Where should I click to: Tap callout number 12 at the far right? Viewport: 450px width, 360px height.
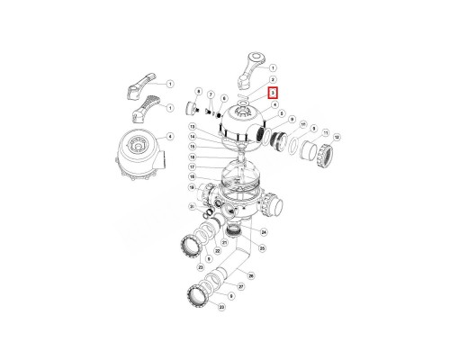[337, 136]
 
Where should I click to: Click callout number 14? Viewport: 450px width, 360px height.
[192, 137]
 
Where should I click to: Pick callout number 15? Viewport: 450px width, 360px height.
[192, 147]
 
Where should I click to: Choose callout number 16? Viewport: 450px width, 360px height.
[192, 157]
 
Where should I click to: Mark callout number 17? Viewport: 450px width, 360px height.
[192, 166]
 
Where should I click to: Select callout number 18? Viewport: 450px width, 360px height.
[192, 177]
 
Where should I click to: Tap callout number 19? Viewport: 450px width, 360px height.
[192, 187]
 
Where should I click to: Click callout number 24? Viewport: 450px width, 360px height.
[264, 232]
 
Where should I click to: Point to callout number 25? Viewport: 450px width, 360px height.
[263, 247]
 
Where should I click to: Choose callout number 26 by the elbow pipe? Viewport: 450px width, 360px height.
[251, 276]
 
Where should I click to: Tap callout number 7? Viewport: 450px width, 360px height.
[211, 94]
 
